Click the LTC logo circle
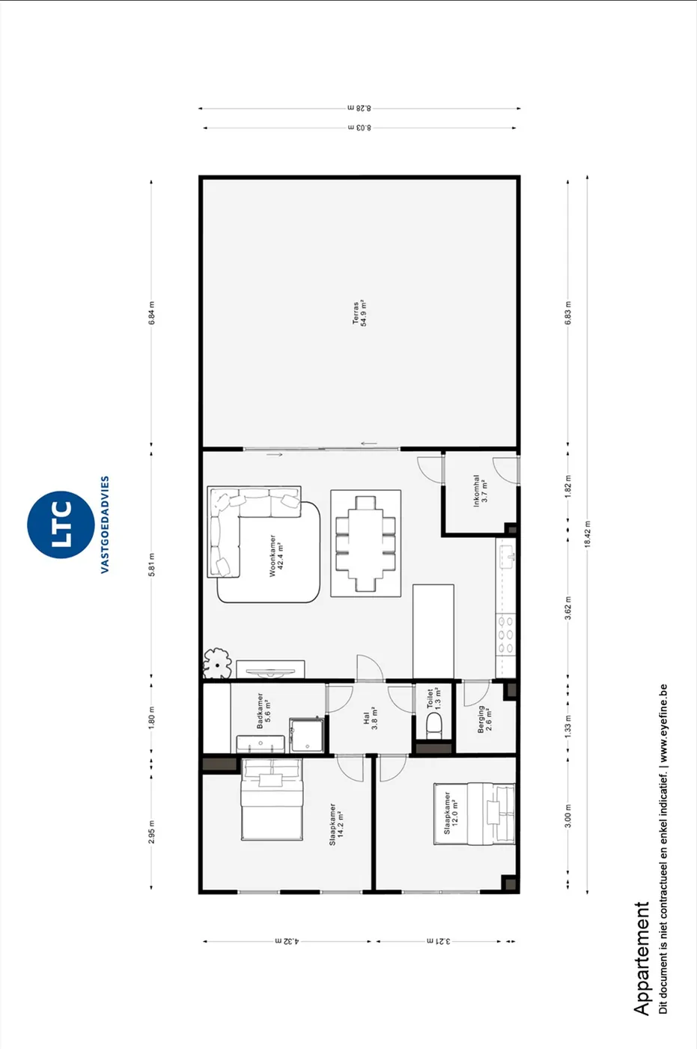(x=61, y=524)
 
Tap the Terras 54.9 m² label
(x=359, y=313)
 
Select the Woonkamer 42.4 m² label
(x=276, y=555)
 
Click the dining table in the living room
(x=366, y=544)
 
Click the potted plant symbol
(x=218, y=664)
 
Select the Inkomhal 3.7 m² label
(x=481, y=490)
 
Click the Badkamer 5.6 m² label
(x=264, y=711)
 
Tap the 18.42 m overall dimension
(x=588, y=533)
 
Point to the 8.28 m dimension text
(x=359, y=108)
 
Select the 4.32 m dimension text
(x=287, y=941)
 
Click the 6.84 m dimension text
(x=151, y=313)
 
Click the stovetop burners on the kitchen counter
(x=505, y=635)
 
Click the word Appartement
(x=642, y=958)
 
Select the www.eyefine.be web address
(x=663, y=724)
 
